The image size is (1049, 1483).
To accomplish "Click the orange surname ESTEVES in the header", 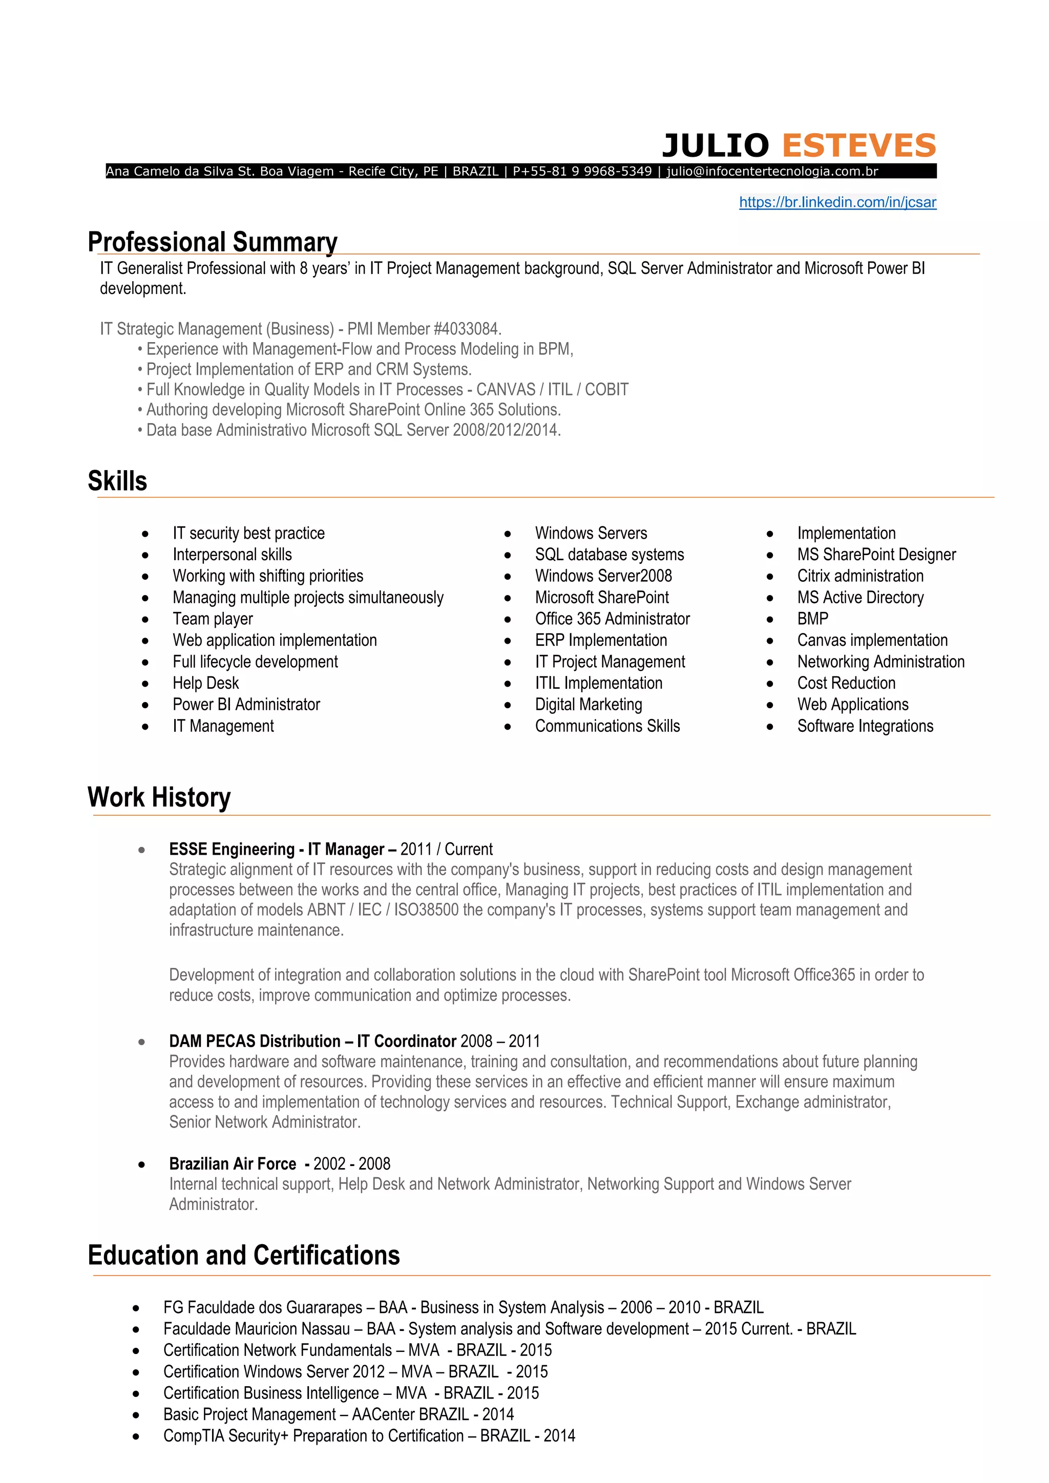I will click(858, 145).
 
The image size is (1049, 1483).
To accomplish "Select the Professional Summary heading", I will click(213, 242).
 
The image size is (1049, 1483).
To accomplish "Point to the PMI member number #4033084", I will click(467, 329).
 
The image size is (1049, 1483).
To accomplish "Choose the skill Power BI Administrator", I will click(246, 705).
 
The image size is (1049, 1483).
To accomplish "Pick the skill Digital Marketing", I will click(589, 705).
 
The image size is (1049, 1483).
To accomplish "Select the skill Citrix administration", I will click(860, 576).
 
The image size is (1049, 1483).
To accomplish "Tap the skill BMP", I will click(812, 619).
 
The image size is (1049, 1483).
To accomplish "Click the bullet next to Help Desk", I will click(145, 683).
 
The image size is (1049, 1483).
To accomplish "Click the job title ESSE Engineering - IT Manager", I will click(283, 850).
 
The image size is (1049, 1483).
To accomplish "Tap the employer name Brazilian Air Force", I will click(233, 1164).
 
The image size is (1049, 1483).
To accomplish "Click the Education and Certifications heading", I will click(243, 1256).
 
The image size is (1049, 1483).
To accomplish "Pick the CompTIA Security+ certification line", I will click(369, 1436).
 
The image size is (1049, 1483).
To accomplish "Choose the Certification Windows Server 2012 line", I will click(355, 1371).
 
